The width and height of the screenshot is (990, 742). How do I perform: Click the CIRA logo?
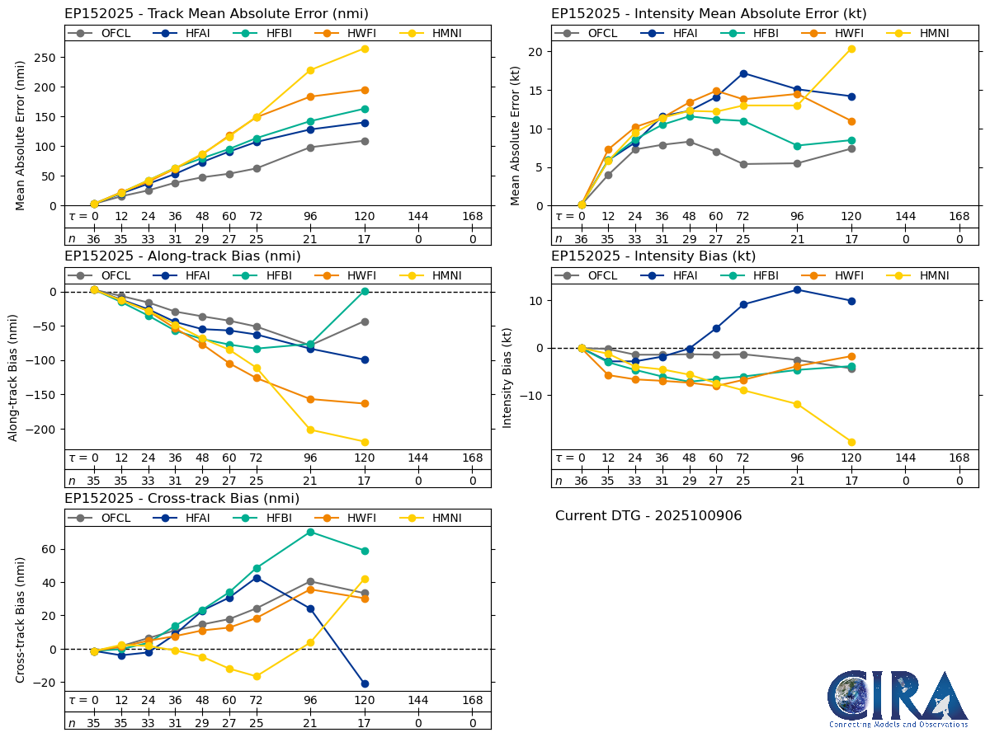coord(898,698)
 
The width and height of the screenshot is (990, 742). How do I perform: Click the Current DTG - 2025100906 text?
coord(648,516)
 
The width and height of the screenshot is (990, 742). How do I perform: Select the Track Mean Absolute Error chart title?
coord(216,14)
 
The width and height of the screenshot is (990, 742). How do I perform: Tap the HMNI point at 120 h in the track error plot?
coord(365,49)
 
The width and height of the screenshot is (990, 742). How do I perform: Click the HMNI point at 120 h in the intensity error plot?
coord(851,49)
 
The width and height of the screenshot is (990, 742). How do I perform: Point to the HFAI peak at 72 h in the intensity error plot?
coord(743,73)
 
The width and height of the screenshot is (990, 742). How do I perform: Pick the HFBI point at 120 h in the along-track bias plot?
coord(365,291)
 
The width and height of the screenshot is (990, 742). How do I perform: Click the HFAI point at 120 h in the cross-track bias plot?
coord(365,683)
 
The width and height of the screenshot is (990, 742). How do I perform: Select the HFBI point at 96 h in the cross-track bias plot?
coord(310,532)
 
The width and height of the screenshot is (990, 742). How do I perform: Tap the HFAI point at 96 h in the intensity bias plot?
coord(797,289)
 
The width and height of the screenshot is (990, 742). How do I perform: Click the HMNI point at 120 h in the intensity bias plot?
coord(851,442)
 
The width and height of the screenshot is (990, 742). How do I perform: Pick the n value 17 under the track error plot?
coord(365,238)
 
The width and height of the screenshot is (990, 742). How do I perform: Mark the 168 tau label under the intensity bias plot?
coord(959,458)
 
